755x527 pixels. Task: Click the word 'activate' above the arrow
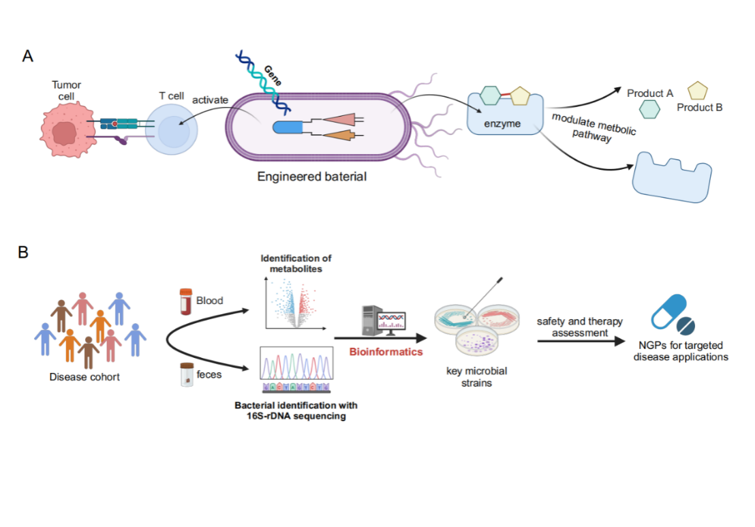pos(210,100)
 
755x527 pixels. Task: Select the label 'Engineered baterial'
pos(312,177)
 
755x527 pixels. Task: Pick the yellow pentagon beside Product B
pos(697,91)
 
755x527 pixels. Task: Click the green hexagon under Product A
pos(649,108)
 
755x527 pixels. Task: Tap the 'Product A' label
pos(650,93)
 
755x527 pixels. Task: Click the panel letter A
pos(28,56)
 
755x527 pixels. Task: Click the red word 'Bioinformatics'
pos(386,352)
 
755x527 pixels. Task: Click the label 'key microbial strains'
pos(476,377)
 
